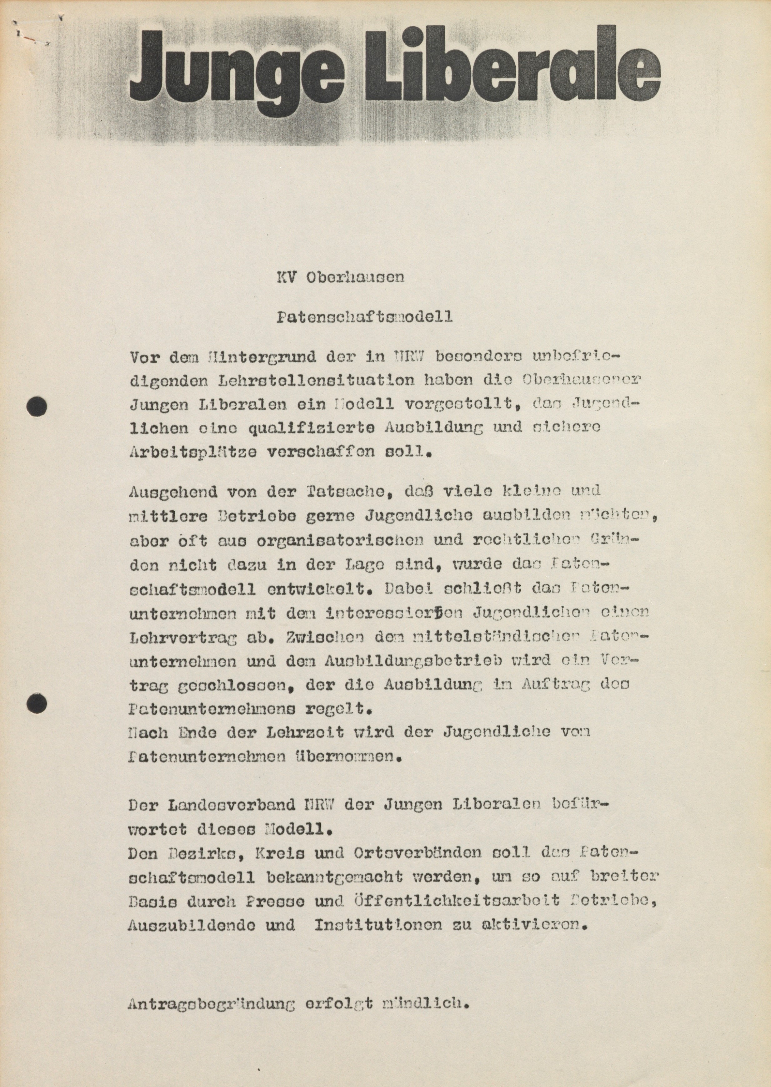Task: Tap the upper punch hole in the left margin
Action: [37, 407]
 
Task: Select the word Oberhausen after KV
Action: [355, 277]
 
